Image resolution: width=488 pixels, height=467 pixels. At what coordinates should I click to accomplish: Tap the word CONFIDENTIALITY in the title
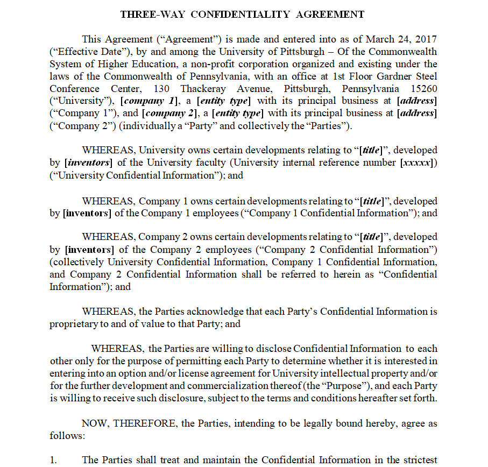(x=238, y=15)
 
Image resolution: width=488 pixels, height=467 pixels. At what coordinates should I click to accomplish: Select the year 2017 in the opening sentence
(x=425, y=39)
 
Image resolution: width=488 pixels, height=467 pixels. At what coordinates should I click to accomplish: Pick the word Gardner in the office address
(x=387, y=76)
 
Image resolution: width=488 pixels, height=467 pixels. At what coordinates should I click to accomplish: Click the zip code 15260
(x=423, y=89)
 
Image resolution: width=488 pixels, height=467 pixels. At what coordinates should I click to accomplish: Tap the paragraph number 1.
(x=53, y=460)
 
